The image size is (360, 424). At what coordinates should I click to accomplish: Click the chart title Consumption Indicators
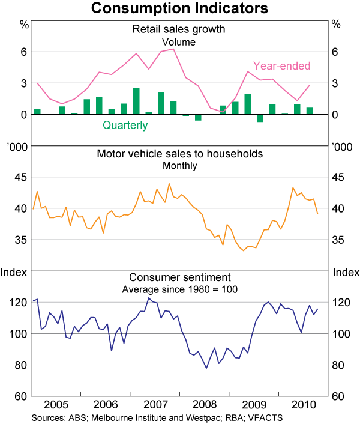179,9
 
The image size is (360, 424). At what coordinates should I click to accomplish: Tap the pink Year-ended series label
281,66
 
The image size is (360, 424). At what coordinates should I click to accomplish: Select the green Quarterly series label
125,126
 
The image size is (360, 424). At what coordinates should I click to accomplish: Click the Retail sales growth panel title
178,29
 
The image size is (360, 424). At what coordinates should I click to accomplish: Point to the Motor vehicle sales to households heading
179,154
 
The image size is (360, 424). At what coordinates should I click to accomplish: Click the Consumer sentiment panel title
179,277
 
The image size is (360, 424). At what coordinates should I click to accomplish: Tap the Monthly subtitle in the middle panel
179,166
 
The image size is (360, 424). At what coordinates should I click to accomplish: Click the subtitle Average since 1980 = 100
179,289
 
